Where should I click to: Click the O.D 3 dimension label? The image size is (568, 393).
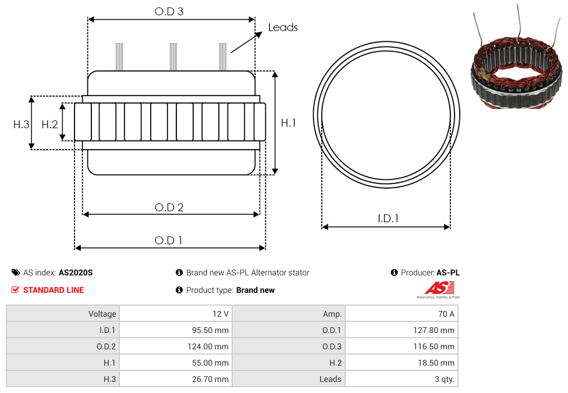tap(169, 11)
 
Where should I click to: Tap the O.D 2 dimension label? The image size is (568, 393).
tap(169, 207)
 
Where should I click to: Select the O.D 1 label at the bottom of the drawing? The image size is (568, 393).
tap(168, 240)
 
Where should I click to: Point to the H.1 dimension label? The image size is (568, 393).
tap(288, 123)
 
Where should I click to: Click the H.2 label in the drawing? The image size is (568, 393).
tap(49, 125)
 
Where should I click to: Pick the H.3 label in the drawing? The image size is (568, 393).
tap(22, 125)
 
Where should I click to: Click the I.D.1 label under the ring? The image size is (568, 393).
tap(388, 218)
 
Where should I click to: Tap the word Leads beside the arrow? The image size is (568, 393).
tap(283, 27)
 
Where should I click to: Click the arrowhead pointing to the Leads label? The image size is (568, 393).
tap(258, 34)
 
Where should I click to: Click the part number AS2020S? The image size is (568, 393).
tap(76, 272)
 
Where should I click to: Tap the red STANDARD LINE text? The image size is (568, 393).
tap(54, 290)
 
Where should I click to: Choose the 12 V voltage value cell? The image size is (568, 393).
tap(176, 314)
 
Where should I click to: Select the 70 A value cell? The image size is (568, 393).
tap(402, 314)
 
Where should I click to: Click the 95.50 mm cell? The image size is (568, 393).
tap(176, 330)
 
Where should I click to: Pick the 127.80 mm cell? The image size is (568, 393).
tap(402, 330)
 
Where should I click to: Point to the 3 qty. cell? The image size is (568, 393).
tap(402, 379)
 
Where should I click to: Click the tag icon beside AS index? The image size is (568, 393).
tap(16, 272)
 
